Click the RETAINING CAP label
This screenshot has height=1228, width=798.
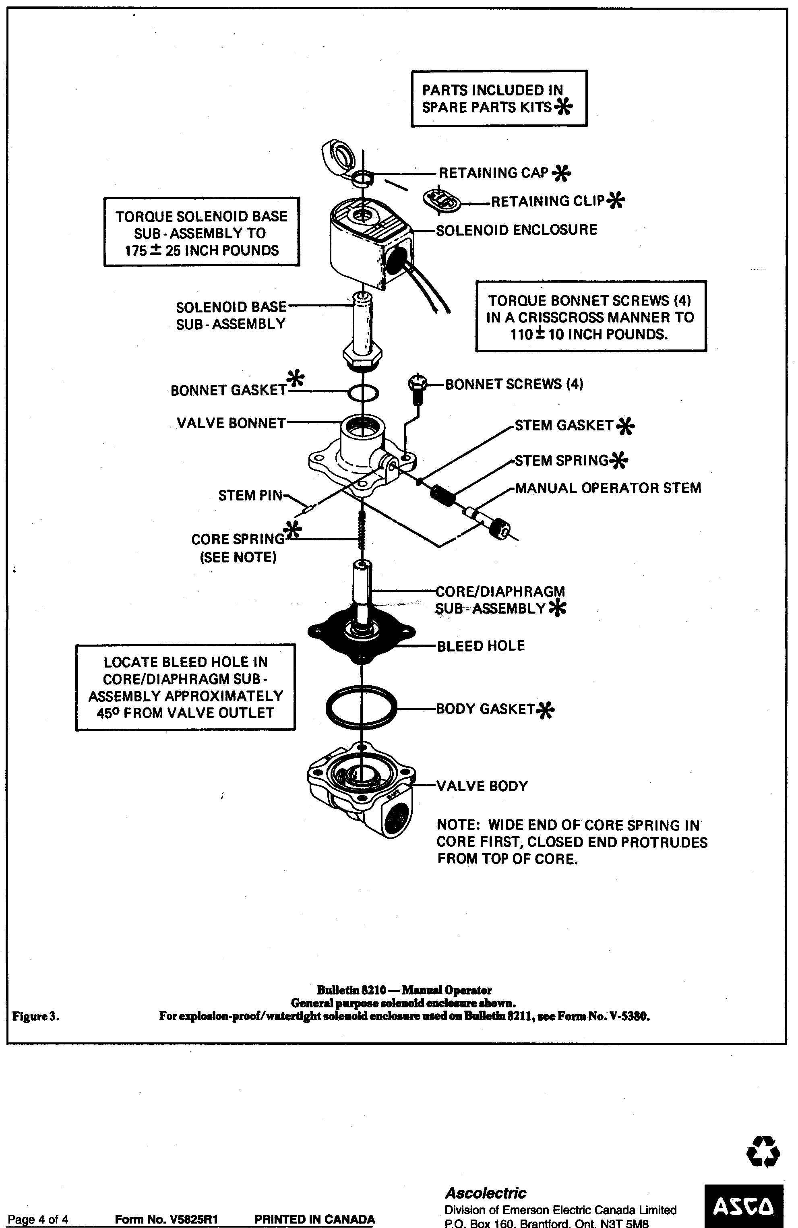[x=493, y=173]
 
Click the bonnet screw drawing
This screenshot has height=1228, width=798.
[x=418, y=390]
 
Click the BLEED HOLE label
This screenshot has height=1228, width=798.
[x=481, y=646]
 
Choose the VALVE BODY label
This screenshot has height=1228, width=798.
[x=482, y=786]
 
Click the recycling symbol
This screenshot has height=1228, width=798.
[x=763, y=1151]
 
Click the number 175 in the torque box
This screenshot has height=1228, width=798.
[x=136, y=251]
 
